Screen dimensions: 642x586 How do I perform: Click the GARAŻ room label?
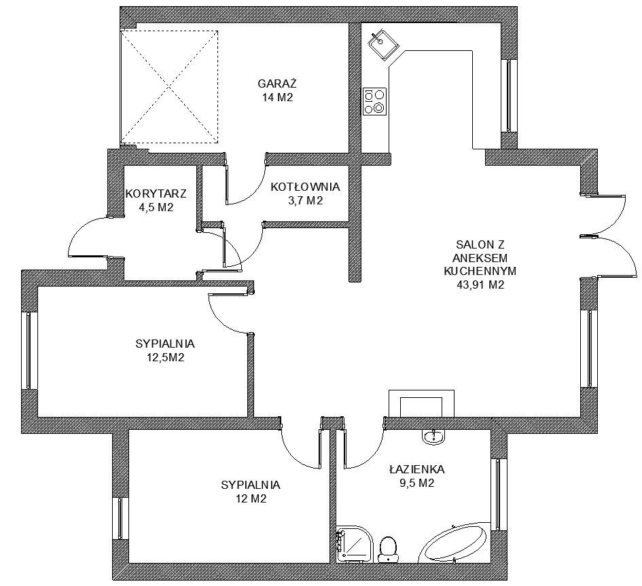click(x=277, y=84)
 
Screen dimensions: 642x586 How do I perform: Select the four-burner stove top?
click(x=374, y=101)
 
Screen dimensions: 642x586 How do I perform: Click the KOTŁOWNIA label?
click(x=306, y=187)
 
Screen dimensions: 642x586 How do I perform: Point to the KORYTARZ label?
click(x=156, y=193)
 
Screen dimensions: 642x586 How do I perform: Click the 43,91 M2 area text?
click(x=480, y=285)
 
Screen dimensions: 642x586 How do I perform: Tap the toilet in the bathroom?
click(x=388, y=549)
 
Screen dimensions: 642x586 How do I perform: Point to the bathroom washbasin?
click(x=433, y=437)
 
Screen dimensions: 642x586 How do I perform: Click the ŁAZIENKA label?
click(x=417, y=469)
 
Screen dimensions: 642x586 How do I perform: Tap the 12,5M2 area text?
click(x=165, y=358)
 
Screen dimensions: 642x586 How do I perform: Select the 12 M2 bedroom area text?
click(x=250, y=498)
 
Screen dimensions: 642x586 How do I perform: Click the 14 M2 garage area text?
click(x=278, y=97)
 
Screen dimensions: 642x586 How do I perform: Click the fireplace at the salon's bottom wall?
click(x=421, y=403)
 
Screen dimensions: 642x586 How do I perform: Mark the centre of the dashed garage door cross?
click(x=169, y=87)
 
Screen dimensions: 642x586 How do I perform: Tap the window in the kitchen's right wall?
click(x=508, y=96)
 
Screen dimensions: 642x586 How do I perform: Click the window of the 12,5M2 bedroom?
click(x=29, y=350)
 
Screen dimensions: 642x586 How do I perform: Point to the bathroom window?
click(x=498, y=495)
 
